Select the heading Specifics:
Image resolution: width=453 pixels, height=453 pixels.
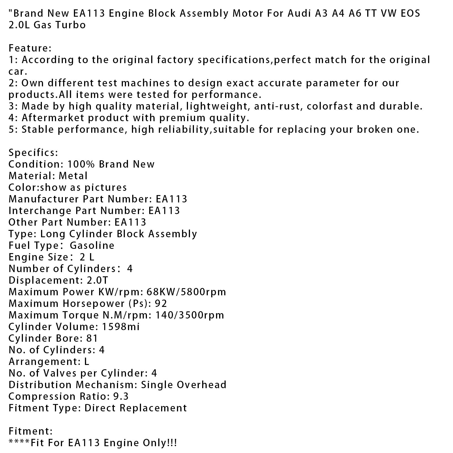[33, 153]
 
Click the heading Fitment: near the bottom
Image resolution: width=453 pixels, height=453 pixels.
[31, 431]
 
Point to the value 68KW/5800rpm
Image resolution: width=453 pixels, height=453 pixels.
[187, 292]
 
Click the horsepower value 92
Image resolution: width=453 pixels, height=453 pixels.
[161, 304]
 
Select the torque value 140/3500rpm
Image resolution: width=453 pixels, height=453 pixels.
[190, 315]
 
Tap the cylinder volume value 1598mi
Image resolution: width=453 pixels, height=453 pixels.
[121, 327]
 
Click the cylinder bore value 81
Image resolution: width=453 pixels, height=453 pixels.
[92, 338]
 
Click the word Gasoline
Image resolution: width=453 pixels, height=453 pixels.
[92, 245]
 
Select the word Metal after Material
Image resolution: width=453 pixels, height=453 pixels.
[73, 176]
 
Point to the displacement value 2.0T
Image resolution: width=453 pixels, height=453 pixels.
[97, 280]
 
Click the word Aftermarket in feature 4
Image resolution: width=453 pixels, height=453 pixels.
[52, 118]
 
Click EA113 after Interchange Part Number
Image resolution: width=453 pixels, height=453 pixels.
[164, 211]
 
